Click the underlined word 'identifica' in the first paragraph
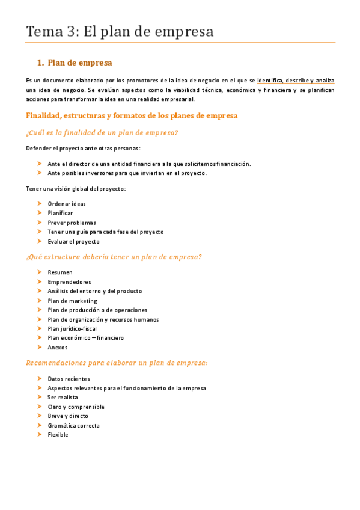pos(270,81)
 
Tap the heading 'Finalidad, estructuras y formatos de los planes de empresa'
pos(132,115)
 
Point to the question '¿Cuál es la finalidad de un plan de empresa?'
pos(102,132)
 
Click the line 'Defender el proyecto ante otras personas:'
pos(84,148)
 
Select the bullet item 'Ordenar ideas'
pos(67,204)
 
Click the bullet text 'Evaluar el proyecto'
pos(73,241)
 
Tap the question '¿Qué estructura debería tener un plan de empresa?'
pos(114,257)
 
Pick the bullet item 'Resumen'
pos(60,272)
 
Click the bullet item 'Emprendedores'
pos(69,281)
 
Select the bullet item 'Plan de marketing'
pos(72,301)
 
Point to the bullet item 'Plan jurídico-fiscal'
pos(72,328)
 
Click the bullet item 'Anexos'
pos(58,347)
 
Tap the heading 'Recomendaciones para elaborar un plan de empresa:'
pos(117,363)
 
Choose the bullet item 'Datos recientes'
pos(69,379)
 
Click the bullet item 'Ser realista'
pos(63,398)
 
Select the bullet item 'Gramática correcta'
pos(73,425)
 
